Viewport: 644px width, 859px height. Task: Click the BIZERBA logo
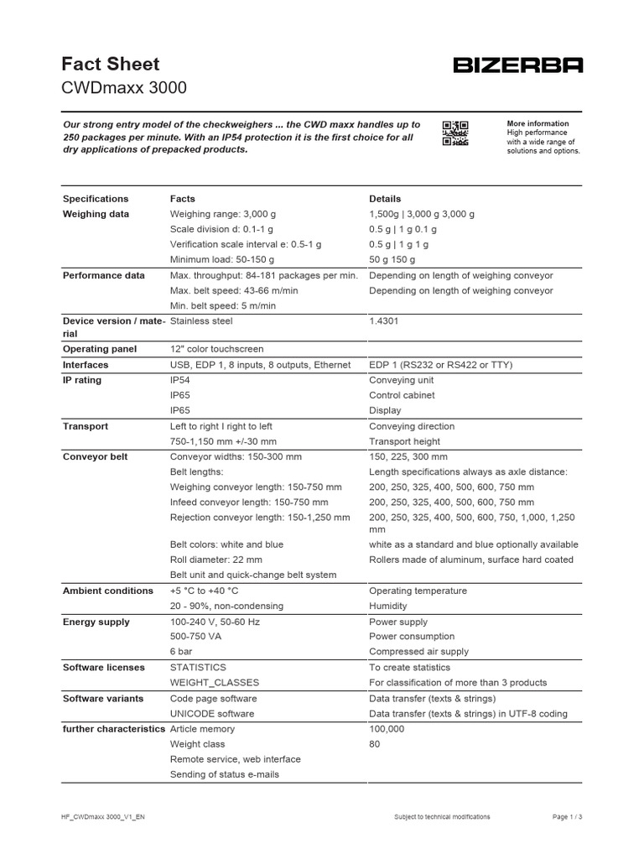(x=517, y=65)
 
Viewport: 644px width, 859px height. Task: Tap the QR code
(x=454, y=133)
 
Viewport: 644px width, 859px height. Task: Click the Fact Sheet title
(x=111, y=64)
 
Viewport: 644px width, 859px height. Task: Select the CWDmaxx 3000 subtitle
(x=125, y=88)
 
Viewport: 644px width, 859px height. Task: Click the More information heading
(x=538, y=123)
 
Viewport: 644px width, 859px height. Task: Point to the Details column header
(x=385, y=199)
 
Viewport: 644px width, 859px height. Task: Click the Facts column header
(x=182, y=199)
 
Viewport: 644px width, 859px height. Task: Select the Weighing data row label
(x=96, y=214)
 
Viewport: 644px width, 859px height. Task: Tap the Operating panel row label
(x=99, y=349)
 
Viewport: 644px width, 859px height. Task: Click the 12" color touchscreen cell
(x=216, y=349)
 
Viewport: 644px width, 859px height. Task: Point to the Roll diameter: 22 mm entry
(x=216, y=560)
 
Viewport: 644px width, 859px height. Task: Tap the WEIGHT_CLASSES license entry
(x=215, y=683)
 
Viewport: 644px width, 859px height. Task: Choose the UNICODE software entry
(x=213, y=714)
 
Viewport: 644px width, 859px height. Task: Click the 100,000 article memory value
(x=387, y=729)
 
